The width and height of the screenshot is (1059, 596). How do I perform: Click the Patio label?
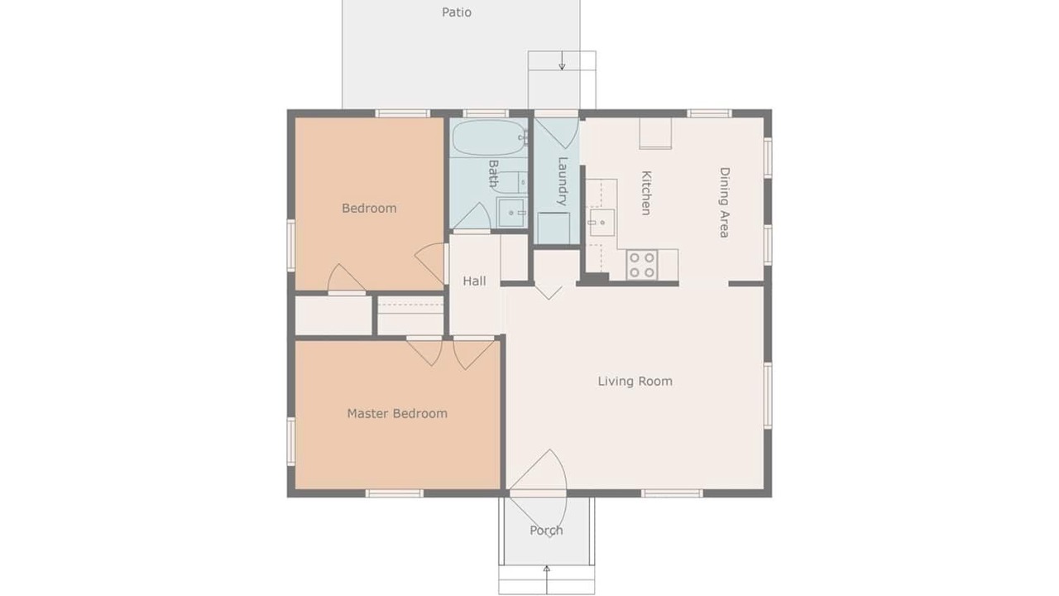pos(456,12)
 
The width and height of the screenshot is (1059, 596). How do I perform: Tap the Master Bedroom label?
pos(397,413)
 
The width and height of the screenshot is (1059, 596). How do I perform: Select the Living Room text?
pos(635,382)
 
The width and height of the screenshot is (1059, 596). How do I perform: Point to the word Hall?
pos(474,281)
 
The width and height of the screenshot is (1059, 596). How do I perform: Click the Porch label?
pos(546,531)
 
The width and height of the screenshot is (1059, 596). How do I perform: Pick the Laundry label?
pos(563,181)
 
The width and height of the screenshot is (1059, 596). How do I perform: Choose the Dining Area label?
pos(724,203)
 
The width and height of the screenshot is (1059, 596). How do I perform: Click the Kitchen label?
pos(646,193)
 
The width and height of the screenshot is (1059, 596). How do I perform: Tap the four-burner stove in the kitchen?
pos(642,265)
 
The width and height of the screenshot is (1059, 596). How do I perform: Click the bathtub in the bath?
pos(490,137)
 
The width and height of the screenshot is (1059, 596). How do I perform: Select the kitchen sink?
pos(601,223)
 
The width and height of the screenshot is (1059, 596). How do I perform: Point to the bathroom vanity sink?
pos(511,213)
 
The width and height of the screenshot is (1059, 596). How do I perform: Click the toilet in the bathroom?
pos(510,183)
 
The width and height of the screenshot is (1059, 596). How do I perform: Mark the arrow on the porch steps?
pos(547,579)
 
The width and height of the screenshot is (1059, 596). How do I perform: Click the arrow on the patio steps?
pos(562,60)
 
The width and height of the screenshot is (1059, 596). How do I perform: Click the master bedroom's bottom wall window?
pos(395,493)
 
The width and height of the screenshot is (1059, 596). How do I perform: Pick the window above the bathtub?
pos(486,113)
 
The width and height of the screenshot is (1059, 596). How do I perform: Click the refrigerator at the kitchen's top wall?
pos(655,133)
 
